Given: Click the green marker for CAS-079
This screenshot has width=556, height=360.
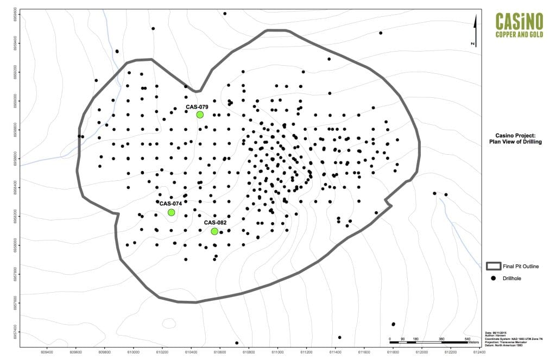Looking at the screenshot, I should pos(200,115).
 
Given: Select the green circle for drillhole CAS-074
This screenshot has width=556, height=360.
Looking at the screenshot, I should pos(171,212).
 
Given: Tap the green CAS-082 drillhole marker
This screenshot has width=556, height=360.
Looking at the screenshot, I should pos(214,231).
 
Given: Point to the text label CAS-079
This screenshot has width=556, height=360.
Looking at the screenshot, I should pos(197,107).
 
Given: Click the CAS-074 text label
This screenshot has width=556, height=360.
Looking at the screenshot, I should pos(170,204).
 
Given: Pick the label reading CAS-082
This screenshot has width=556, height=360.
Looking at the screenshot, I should pos(215,223).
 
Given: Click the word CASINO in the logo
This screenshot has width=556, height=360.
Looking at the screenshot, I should pos(519,22).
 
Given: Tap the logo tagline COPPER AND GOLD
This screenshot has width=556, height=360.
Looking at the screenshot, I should pos(519,34).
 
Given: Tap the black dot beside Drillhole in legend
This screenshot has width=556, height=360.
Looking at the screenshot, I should pos(494,279).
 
